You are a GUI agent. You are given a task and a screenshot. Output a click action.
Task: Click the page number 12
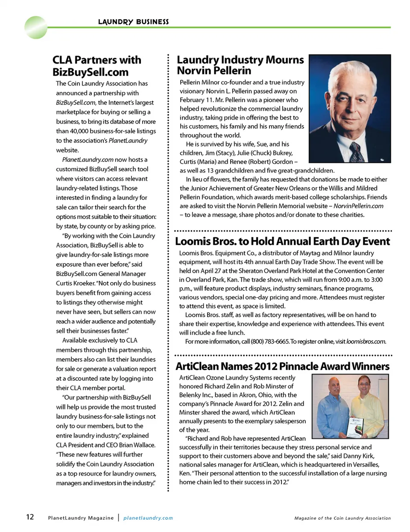(30, 517)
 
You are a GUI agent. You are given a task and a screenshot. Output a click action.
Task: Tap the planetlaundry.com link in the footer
(148, 518)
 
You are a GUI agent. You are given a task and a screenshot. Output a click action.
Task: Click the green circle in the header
(36, 27)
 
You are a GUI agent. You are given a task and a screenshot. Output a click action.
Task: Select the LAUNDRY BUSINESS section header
(133, 22)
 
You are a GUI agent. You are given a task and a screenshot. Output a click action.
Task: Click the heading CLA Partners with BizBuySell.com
(97, 66)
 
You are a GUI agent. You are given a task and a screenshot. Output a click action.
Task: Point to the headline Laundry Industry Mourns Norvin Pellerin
(240, 65)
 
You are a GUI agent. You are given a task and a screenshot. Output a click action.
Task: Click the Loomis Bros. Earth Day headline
(282, 241)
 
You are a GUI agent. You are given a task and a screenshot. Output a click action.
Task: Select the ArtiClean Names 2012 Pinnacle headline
(282, 366)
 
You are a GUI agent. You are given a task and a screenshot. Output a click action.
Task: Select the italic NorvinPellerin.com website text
(358, 206)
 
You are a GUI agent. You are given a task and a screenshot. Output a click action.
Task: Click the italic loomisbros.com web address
(366, 341)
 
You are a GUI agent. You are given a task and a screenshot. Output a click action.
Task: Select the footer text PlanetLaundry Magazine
(81, 518)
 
